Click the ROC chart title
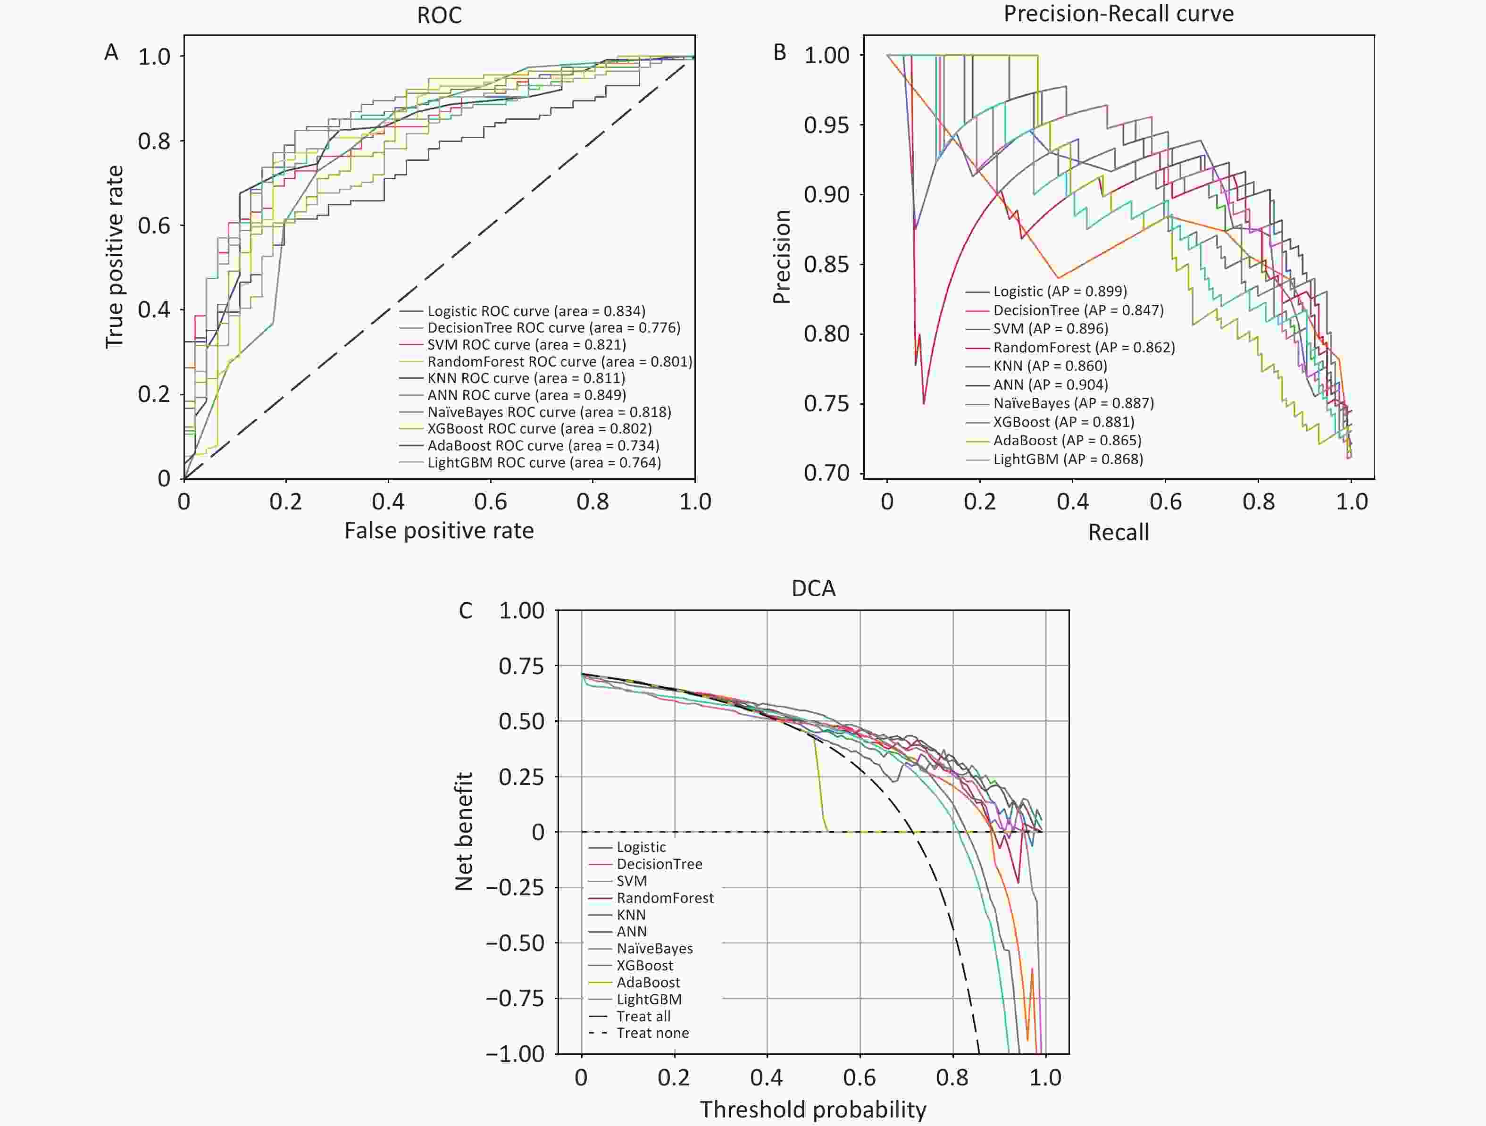[439, 15]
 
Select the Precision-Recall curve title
[1119, 13]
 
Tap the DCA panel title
[814, 589]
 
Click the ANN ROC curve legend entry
[526, 395]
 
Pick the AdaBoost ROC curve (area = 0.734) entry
[543, 445]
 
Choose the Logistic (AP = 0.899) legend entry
[1060, 291]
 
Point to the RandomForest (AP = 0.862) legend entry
[1084, 347]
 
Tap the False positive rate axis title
[439, 531]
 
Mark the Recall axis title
[1119, 532]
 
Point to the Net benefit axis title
[464, 831]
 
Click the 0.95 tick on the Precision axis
[826, 125]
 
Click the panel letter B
[780, 52]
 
